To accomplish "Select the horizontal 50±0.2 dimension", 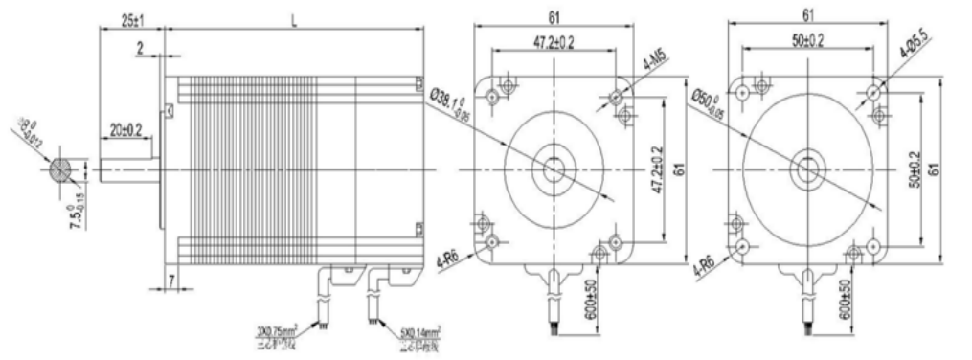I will point(806,42).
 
